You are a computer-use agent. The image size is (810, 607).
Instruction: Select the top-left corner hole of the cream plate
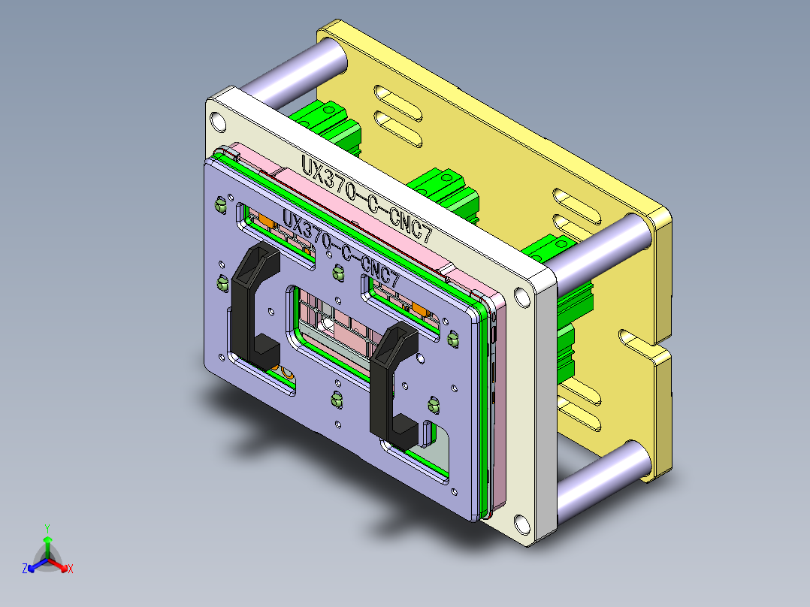[218, 121]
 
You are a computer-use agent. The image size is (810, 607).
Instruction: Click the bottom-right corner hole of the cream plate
[521, 522]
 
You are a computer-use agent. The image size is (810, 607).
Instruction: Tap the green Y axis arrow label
[47, 528]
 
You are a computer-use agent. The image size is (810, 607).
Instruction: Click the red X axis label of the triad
[70, 569]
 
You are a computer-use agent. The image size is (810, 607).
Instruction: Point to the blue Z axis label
[25, 569]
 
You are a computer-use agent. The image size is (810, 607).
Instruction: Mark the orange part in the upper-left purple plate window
[267, 222]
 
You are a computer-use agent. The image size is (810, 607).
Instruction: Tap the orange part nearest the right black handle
[420, 309]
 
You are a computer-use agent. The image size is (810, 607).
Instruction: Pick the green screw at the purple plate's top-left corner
[221, 203]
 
